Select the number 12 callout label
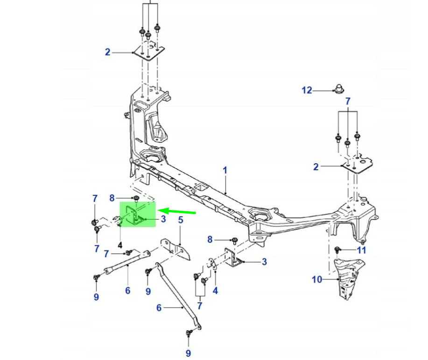pos(307,90)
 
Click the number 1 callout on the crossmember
pos(225,171)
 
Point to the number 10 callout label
pos(317,280)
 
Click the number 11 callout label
pos(362,250)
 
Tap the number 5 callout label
pos(180,220)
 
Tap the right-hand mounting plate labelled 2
pos(358,165)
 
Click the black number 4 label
pos(120,244)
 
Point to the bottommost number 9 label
pos(189,353)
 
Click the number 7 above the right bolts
pos(348,101)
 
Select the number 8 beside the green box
pos(112,198)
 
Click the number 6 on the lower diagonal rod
pos(159,308)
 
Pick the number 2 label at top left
pos(108,52)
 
